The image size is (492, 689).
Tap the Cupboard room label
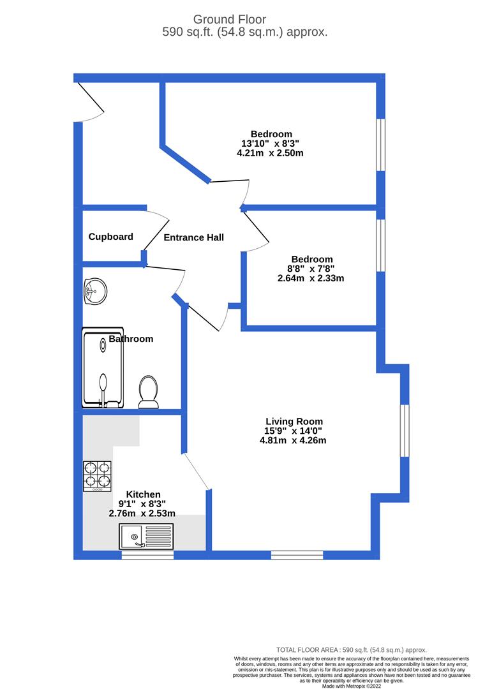tap(110, 237)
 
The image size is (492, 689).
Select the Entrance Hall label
tap(193, 238)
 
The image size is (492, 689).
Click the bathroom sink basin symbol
tap(94, 292)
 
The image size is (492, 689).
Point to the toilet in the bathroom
tap(148, 390)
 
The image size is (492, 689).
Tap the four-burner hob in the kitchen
tap(97, 476)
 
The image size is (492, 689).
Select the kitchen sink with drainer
tap(145, 536)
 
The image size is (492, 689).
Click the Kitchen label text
tap(143, 494)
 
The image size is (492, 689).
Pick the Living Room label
tap(294, 422)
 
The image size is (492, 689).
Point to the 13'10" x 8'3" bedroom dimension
tap(271, 144)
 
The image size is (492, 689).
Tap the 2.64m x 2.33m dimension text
tap(311, 278)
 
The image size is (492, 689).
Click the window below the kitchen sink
tap(147, 556)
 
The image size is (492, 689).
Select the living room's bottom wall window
tap(297, 555)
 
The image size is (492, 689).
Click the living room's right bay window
tap(404, 430)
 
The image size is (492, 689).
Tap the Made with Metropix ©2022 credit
tap(352, 686)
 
